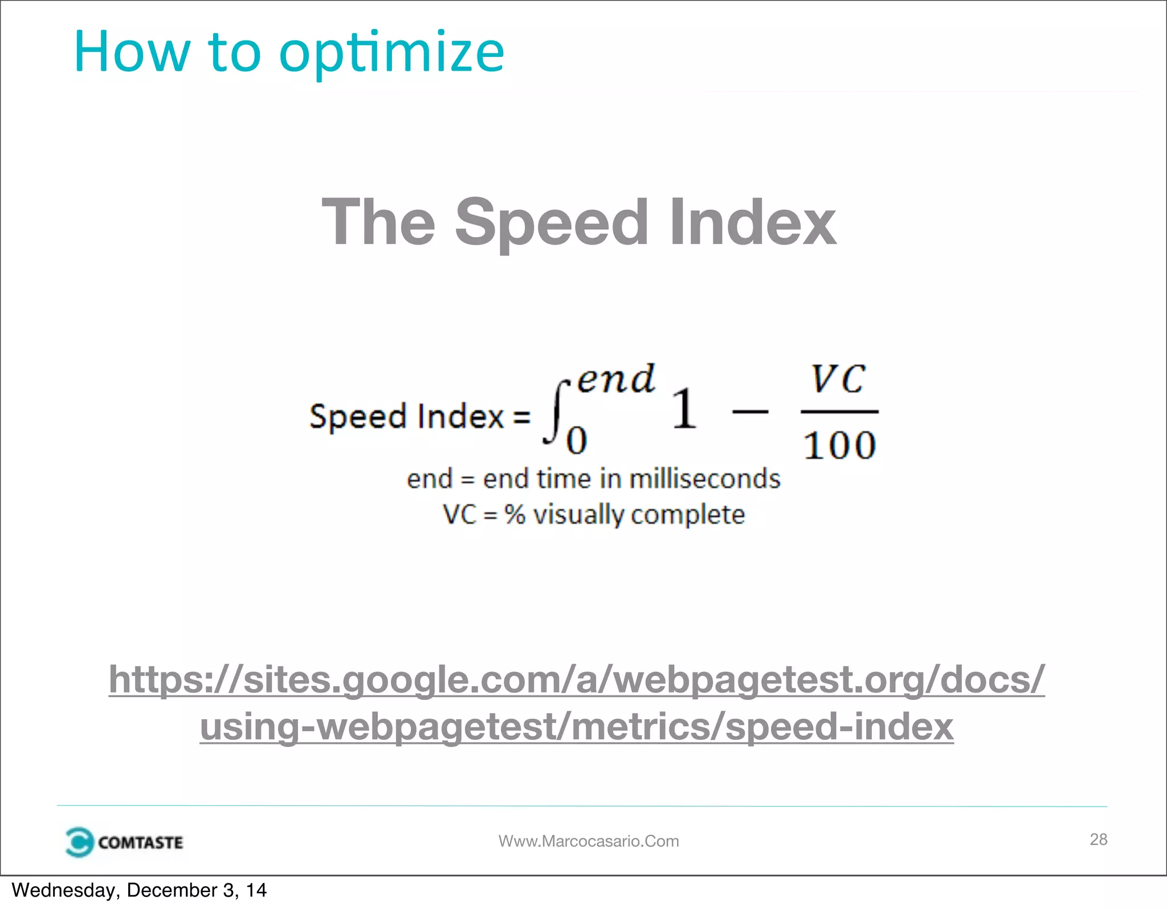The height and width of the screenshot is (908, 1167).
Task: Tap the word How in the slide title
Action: (x=132, y=52)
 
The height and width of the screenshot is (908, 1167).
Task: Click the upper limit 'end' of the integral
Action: (x=616, y=378)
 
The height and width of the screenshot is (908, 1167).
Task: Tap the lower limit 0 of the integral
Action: (x=577, y=441)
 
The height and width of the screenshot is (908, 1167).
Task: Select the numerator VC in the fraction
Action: (x=838, y=378)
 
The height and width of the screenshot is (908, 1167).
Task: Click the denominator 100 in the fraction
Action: (x=839, y=445)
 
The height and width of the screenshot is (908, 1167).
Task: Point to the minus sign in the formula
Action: (x=750, y=410)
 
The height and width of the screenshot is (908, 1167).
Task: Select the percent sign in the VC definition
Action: (x=515, y=514)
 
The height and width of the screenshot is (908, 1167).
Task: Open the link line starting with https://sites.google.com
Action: (x=577, y=679)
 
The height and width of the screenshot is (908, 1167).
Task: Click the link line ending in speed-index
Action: (x=577, y=727)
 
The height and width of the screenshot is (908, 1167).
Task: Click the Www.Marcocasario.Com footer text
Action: (x=589, y=841)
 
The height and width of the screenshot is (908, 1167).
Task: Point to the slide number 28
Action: (x=1098, y=839)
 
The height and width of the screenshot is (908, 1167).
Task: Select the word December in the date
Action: (x=172, y=890)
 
